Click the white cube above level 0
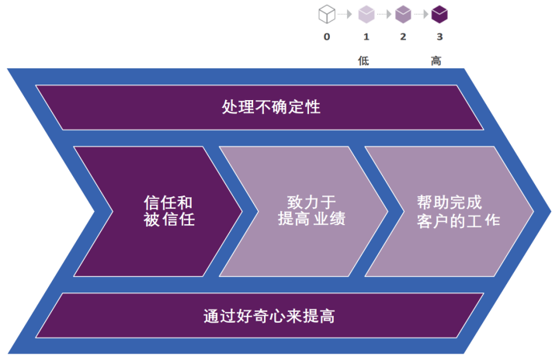click(x=327, y=13)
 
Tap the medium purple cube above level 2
click(x=403, y=13)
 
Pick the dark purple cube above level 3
click(x=440, y=13)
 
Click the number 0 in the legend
click(x=327, y=36)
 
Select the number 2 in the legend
click(x=403, y=36)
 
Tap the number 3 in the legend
click(x=440, y=36)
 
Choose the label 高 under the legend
click(x=436, y=61)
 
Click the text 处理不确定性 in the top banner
click(x=271, y=107)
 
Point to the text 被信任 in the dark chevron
click(x=168, y=220)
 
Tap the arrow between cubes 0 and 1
click(x=345, y=14)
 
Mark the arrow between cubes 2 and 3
click(x=422, y=14)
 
